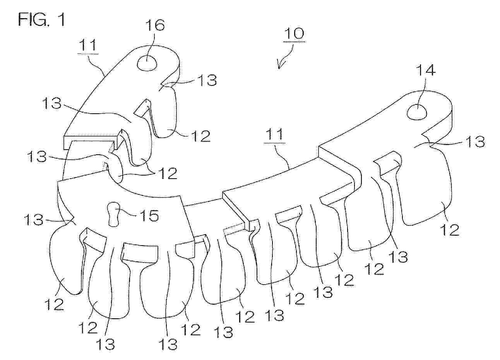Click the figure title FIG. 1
(x=41, y=20)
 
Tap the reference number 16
(x=155, y=25)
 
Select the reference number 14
(x=426, y=70)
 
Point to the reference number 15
(x=149, y=215)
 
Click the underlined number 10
(x=294, y=34)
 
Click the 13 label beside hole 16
(x=207, y=80)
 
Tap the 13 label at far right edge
(x=476, y=142)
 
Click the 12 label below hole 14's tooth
(x=450, y=230)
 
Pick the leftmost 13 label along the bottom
(x=105, y=344)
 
